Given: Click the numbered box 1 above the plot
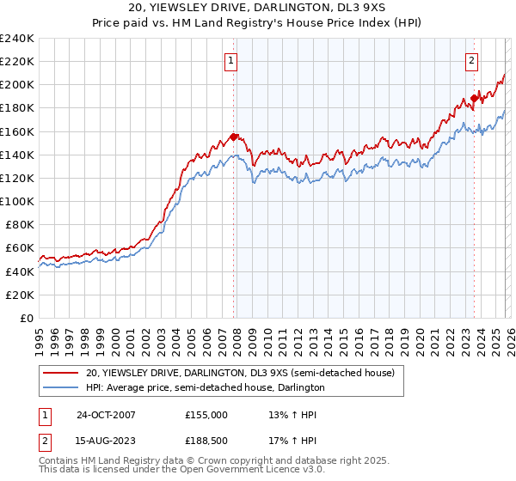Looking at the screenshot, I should [x=232, y=60].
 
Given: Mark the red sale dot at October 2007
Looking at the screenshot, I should [x=233, y=137].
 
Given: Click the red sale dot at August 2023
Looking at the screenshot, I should [x=474, y=98].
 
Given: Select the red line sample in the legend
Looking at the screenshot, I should [x=61, y=373].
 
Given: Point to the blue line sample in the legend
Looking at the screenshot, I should [x=61, y=387].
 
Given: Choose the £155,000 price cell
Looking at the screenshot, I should [x=206, y=414].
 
